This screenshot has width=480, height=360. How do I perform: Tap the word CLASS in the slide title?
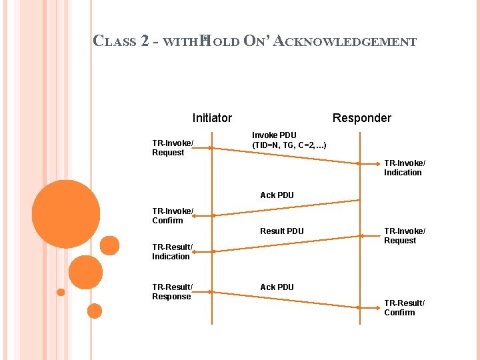pyautogui.click(x=115, y=41)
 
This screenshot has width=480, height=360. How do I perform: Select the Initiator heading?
pyautogui.click(x=212, y=118)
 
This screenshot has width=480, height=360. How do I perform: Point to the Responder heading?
pyautogui.click(x=362, y=118)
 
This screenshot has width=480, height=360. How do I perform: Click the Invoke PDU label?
pyautogui.click(x=274, y=135)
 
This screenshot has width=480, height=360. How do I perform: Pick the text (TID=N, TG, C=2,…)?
pyautogui.click(x=289, y=145)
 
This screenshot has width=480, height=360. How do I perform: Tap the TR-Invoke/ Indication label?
pyautogui.click(x=404, y=168)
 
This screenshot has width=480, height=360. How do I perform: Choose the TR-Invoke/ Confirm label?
pyautogui.click(x=172, y=216)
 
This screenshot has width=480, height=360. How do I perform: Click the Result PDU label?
pyautogui.click(x=282, y=231)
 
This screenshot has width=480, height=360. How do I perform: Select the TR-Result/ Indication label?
pyautogui.click(x=172, y=252)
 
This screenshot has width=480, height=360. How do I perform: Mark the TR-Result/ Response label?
pyautogui.click(x=172, y=292)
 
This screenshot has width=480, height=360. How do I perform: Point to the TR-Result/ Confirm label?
pyautogui.click(x=404, y=308)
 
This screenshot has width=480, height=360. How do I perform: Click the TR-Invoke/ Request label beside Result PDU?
pyautogui.click(x=404, y=236)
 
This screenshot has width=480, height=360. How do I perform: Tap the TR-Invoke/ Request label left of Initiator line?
pyautogui.click(x=172, y=148)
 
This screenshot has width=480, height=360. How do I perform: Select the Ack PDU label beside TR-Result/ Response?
pyautogui.click(x=277, y=287)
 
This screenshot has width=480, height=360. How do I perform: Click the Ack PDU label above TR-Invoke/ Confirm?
pyautogui.click(x=277, y=195)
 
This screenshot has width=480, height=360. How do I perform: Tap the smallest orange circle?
pyautogui.click(x=61, y=292)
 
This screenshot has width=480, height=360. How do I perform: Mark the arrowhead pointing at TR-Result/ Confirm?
pyautogui.click(x=357, y=307)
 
